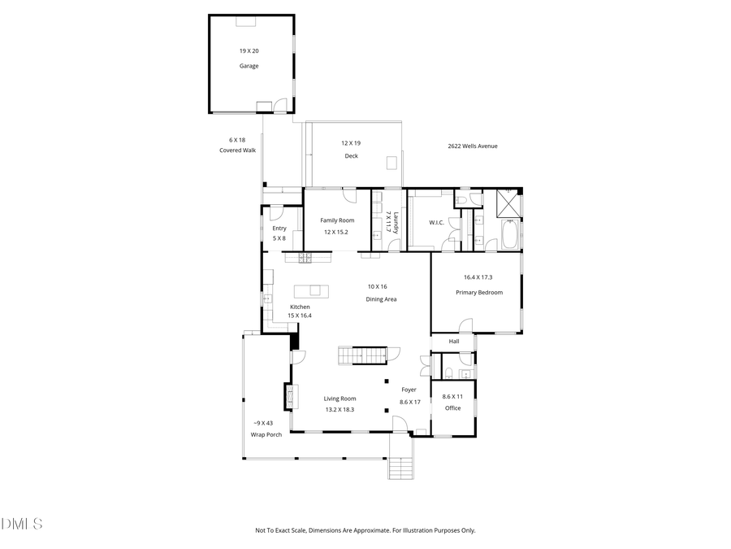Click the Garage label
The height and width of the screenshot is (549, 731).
tap(249, 66)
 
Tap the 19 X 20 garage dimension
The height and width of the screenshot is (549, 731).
tap(249, 50)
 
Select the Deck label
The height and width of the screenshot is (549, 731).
tap(351, 155)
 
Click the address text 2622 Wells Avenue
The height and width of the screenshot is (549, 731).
tap(473, 146)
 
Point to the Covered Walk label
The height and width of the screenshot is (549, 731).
tap(237, 150)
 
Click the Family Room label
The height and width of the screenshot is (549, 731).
tap(337, 220)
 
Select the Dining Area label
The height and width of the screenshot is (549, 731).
tap(380, 299)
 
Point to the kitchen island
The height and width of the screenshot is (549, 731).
tap(312, 290)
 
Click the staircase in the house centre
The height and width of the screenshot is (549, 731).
tap(362, 356)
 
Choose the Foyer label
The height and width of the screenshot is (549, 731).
tap(409, 390)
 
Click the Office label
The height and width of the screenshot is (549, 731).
tap(452, 407)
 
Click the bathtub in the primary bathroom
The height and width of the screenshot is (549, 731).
tap(511, 236)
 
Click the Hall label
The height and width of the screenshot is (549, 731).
tap(454, 341)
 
